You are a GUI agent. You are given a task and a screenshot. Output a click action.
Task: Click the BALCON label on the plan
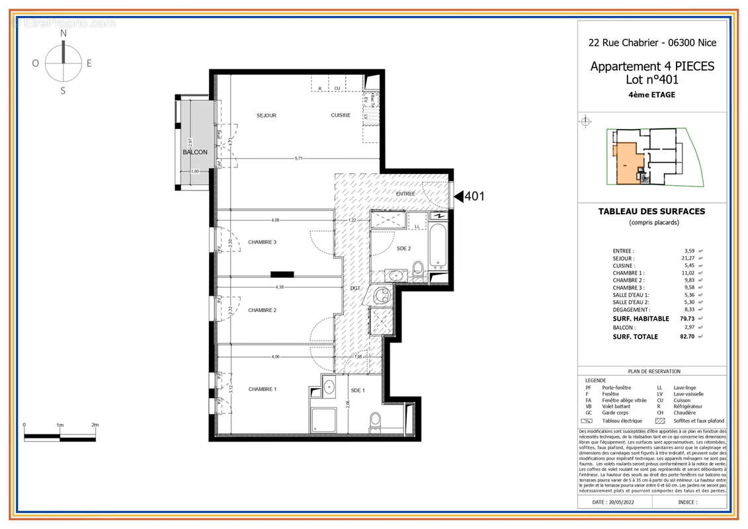195,152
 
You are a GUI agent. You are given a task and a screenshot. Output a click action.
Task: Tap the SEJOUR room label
267,116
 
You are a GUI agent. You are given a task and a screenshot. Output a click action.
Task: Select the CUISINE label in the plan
341,116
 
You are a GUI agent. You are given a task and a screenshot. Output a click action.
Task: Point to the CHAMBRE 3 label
262,242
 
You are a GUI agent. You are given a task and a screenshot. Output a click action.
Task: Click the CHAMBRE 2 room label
262,310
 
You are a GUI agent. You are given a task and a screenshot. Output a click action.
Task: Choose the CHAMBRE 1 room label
262,389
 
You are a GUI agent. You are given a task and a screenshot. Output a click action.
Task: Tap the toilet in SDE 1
375,420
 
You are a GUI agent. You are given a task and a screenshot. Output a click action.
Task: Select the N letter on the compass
63,33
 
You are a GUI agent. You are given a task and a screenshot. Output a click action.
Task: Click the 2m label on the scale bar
95,425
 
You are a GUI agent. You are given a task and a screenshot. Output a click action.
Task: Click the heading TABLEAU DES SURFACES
651,212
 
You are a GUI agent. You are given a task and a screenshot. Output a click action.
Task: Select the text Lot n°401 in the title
651,79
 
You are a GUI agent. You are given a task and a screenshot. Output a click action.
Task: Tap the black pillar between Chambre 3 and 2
282,274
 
